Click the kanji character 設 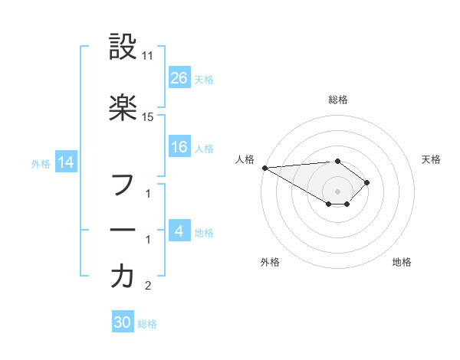tap(123, 48)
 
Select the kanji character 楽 tap(123, 108)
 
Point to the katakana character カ tap(123, 277)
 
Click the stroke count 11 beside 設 tap(148, 57)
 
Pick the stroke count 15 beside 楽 tap(148, 117)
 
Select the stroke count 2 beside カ tap(148, 286)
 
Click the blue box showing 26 tap(179, 78)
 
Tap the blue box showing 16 tap(179, 147)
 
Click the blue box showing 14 tap(66, 162)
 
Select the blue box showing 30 tap(123, 322)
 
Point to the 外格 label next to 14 tap(41, 163)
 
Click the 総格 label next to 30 tap(147, 323)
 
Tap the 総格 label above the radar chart tap(338, 100)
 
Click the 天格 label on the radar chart tap(431, 159)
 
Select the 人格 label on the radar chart tap(245, 159)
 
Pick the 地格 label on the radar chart tap(402, 262)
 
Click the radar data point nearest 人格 tap(264, 168)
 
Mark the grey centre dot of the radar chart tap(338, 191)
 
